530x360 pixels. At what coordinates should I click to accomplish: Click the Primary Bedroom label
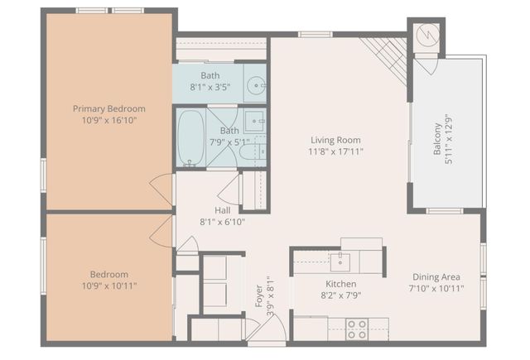click(x=108, y=108)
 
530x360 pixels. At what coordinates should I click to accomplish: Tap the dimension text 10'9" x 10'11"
click(x=108, y=286)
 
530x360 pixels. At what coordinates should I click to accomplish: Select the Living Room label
click(x=336, y=140)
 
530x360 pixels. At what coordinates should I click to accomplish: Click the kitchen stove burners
click(x=357, y=329)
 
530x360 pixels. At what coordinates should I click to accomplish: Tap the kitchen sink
click(x=340, y=262)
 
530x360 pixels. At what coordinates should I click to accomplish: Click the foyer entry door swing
click(x=269, y=327)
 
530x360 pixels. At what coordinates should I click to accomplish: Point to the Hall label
click(x=222, y=210)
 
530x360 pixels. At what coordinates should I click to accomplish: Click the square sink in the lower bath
click(x=254, y=119)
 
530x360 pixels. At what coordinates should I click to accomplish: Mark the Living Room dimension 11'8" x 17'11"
click(x=336, y=151)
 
